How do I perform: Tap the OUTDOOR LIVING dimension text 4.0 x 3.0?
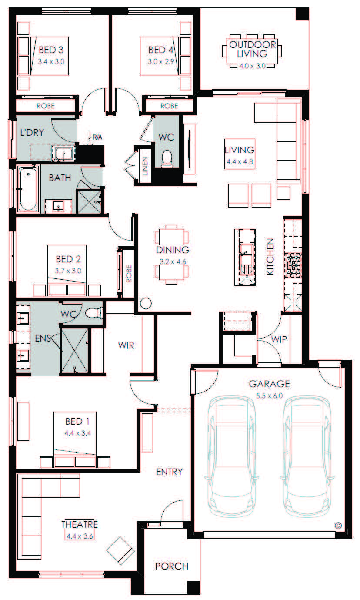coord(252,66)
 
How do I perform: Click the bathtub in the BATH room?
coord(28,190)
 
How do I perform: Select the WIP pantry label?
coord(279,339)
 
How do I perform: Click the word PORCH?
coord(172,566)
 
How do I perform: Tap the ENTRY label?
coord(170,472)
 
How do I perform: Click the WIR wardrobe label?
coord(126,345)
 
